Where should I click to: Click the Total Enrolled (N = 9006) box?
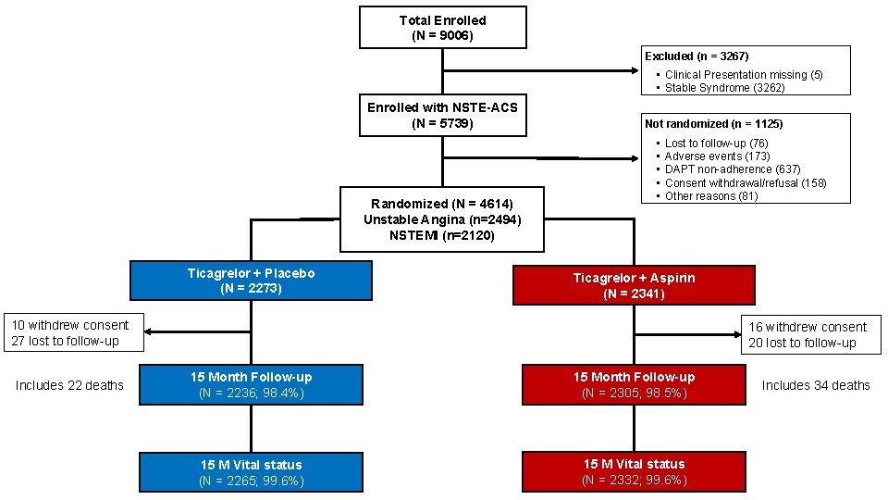(x=442, y=27)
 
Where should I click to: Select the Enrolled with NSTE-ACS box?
(x=442, y=115)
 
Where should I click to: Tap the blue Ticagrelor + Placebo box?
(x=252, y=281)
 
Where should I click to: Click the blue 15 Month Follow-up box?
(x=252, y=384)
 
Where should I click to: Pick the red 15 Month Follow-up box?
(x=634, y=384)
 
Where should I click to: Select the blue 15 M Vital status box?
(x=252, y=471)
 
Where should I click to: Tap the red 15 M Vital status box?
(x=634, y=471)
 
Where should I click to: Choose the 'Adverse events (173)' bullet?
(x=717, y=156)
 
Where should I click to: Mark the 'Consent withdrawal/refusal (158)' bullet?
(x=745, y=182)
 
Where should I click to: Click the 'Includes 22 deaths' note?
(x=69, y=385)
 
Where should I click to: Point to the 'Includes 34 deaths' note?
(x=816, y=385)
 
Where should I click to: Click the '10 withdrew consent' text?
(x=70, y=325)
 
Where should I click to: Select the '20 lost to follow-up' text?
(x=803, y=343)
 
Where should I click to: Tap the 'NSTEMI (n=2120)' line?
(x=442, y=235)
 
